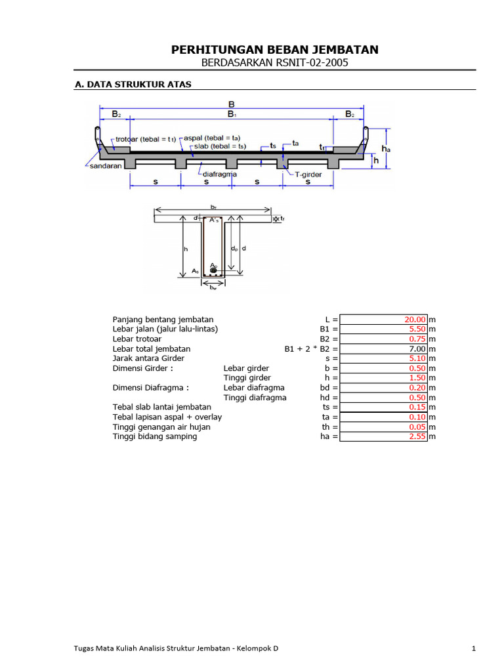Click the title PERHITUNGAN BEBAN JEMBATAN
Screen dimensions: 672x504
274,50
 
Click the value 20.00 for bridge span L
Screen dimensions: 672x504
415,320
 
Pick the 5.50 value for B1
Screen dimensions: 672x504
417,329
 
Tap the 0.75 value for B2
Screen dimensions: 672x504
417,339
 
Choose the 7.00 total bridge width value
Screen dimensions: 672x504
417,349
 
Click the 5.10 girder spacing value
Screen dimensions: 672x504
417,359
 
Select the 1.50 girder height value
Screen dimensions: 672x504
417,379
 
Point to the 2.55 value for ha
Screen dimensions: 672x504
417,437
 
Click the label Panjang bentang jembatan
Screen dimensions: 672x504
163,320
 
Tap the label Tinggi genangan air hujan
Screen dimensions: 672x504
161,427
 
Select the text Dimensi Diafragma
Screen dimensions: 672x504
150,388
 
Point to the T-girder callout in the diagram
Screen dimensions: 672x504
308,174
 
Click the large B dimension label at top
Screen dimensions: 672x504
232,104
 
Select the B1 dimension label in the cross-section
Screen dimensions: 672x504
232,114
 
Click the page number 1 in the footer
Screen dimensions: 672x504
473,649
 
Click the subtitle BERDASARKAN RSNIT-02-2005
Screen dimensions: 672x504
274,63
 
